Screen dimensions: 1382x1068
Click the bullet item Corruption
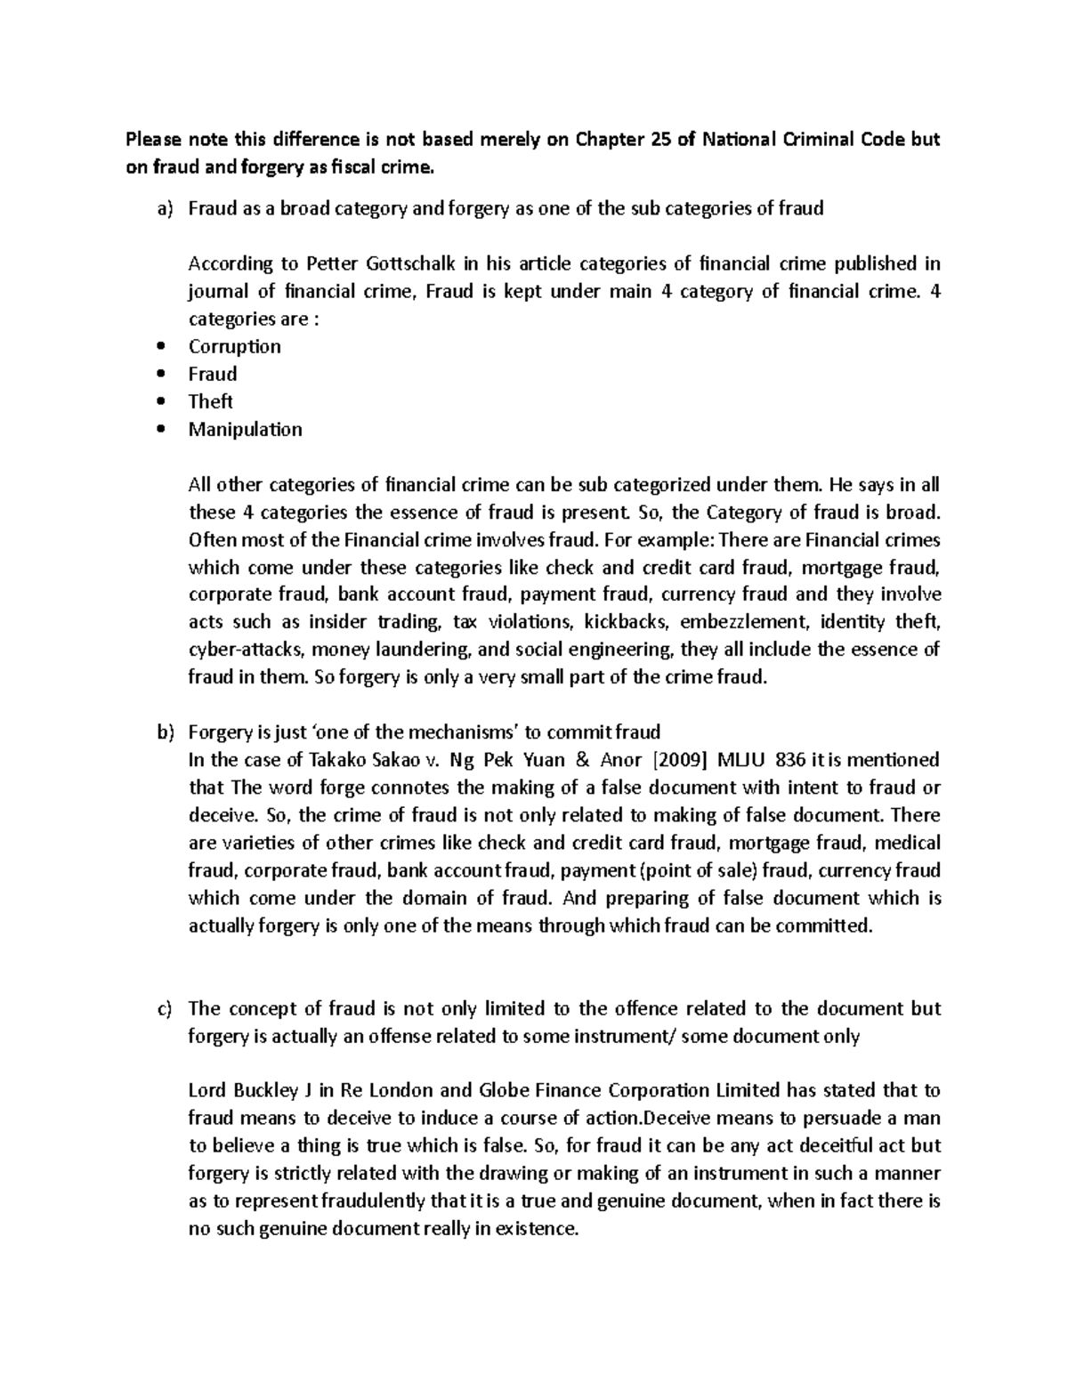tap(234, 346)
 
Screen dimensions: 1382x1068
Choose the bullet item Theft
tap(210, 401)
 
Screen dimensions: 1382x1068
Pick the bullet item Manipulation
tap(245, 429)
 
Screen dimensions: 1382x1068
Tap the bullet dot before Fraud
tap(160, 375)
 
